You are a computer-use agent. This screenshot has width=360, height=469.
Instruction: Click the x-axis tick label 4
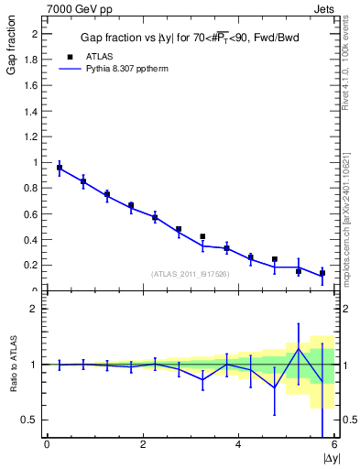(x=239, y=445)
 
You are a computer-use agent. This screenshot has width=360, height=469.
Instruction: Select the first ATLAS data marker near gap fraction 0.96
(x=60, y=168)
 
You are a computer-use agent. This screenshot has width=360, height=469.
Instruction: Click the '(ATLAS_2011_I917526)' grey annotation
(x=190, y=274)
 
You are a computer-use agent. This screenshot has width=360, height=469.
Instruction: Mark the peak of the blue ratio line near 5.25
(x=299, y=348)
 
